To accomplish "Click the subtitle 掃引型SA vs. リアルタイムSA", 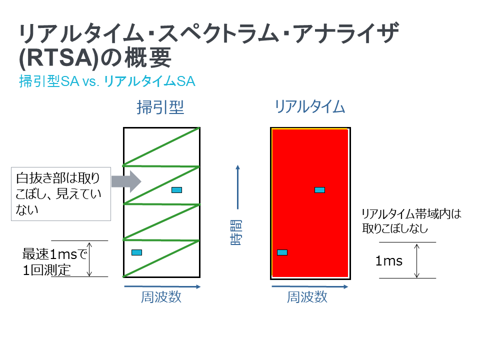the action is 107,81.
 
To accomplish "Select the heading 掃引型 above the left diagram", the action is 160,107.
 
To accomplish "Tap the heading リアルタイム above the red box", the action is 310,107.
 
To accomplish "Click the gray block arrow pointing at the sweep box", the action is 126,181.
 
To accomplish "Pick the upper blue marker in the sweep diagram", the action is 176,190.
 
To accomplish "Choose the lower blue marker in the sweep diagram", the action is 136,252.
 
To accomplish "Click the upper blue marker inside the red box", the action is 319,190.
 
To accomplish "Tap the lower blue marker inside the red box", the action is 282,252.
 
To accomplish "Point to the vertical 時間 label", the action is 236,232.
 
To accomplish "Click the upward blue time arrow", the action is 238,187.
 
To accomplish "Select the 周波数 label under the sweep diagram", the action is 161,297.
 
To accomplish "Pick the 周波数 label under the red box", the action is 307,297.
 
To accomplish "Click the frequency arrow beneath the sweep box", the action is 162,287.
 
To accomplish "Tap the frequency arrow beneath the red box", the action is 310,287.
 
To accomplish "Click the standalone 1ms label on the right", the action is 389,261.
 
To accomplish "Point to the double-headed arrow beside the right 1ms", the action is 416,261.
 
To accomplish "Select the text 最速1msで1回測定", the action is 54,262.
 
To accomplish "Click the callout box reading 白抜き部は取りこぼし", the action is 61,194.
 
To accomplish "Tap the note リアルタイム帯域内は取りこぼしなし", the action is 411,221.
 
